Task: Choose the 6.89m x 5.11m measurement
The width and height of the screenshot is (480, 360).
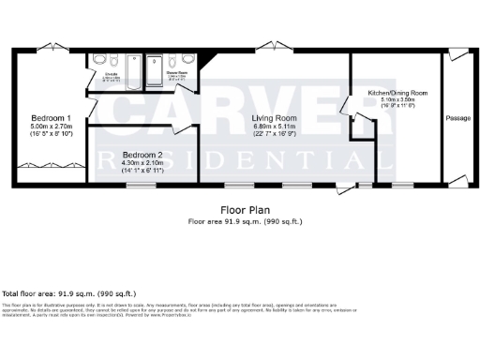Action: (275, 125)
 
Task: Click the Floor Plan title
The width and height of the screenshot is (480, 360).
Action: (239, 210)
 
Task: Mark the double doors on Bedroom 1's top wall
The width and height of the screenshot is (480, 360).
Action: (55, 43)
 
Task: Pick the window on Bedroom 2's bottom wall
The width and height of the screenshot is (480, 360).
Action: (141, 185)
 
